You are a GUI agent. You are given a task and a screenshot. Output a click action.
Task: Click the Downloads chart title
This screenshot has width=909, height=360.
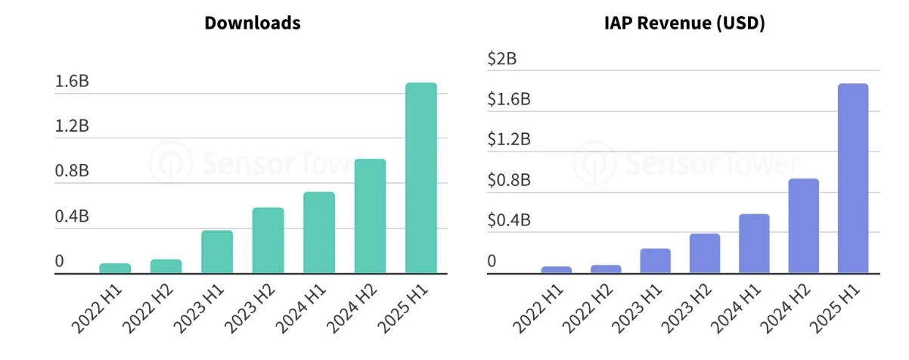point(252,23)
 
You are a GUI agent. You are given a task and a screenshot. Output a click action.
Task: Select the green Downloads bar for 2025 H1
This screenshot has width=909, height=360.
point(421,178)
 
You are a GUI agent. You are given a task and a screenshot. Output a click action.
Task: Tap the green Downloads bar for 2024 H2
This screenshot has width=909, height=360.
point(370,216)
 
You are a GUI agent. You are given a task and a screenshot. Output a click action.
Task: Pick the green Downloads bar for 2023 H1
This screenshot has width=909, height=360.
point(217,251)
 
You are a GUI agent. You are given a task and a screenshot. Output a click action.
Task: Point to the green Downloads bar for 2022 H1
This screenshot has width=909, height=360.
point(115,268)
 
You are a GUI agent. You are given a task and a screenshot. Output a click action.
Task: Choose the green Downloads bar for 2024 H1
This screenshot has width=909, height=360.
point(319,232)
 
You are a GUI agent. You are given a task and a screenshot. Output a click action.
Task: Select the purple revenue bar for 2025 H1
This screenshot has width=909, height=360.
point(853,178)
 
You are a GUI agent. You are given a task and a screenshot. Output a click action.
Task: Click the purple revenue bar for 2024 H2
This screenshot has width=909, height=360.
point(803,225)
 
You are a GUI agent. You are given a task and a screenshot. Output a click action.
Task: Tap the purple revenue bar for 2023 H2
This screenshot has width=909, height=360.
point(705,253)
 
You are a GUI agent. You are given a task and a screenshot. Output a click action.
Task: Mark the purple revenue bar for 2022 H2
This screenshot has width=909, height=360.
point(606,268)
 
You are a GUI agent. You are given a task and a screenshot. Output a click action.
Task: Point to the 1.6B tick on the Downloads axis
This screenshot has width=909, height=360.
point(72,82)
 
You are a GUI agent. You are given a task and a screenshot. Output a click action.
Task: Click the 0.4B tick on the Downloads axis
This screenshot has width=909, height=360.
point(72,217)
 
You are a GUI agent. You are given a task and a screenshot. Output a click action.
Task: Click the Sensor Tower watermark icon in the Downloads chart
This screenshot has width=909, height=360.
point(166,161)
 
